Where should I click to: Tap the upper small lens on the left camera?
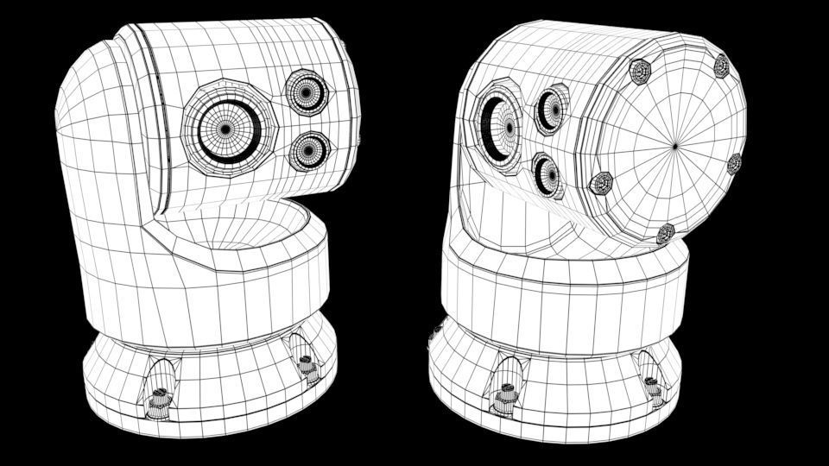(x=307, y=91)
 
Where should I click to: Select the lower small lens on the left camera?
(x=307, y=152)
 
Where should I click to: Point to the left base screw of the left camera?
(x=158, y=400)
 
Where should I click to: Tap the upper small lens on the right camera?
(x=550, y=109)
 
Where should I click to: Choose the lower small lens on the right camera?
(x=546, y=175)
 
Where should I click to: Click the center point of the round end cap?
(x=676, y=145)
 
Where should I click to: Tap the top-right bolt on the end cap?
(x=720, y=65)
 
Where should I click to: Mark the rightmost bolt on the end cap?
(x=735, y=163)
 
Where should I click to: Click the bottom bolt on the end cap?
(x=665, y=233)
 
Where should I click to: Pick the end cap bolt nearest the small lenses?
(x=600, y=183)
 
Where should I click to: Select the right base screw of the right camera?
(x=652, y=388)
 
